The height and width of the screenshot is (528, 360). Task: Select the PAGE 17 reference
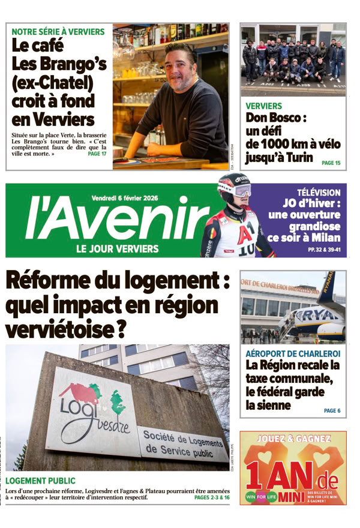97,154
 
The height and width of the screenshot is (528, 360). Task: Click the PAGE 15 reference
331,163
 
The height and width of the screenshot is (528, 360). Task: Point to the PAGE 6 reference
332,410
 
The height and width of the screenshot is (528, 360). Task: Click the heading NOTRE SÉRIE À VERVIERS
58,31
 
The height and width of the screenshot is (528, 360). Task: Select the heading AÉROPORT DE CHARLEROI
293,353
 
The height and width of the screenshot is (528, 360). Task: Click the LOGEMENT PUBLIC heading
40,481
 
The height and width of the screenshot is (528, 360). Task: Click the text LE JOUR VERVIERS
118,248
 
